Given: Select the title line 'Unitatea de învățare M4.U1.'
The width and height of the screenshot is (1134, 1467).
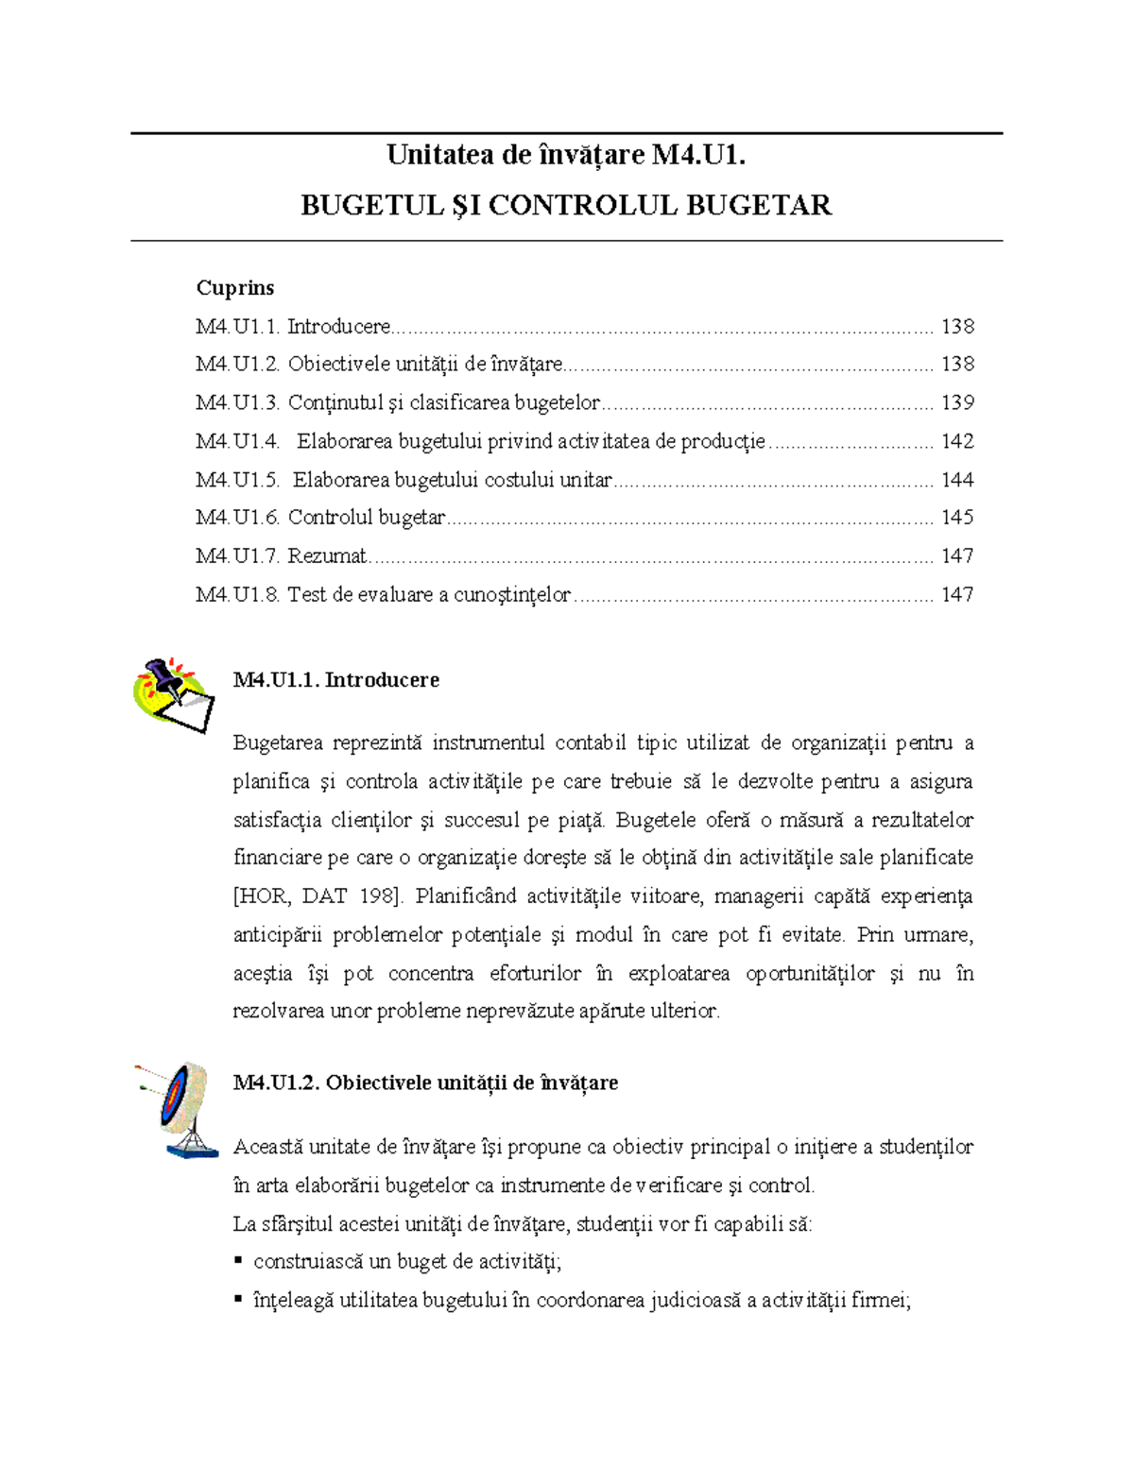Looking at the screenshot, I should (566, 155).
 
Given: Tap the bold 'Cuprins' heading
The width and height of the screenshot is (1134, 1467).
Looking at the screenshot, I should (235, 287).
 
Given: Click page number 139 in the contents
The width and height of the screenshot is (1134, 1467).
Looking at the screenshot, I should (957, 402).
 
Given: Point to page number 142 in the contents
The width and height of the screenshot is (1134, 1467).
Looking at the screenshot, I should (957, 441).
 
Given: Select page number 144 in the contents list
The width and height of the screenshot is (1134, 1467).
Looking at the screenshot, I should (957, 480).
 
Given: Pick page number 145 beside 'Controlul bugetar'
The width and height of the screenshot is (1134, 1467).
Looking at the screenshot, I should (957, 518).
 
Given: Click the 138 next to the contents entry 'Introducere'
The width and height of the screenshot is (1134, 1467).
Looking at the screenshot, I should (957, 326).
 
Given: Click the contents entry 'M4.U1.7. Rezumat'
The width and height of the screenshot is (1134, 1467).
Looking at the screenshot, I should (282, 556).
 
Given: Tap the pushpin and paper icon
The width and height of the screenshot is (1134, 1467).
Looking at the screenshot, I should (175, 695).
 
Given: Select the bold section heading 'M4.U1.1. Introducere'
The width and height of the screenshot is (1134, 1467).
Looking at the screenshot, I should (335, 680).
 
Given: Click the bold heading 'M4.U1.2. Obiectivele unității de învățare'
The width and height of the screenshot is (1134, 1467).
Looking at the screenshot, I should (425, 1083).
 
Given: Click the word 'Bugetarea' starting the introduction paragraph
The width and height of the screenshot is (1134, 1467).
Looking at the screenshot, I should (278, 742).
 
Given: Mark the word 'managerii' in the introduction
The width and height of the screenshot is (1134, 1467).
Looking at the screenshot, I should (759, 896).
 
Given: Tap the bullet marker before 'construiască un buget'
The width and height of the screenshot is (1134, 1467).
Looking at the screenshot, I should (238, 1261).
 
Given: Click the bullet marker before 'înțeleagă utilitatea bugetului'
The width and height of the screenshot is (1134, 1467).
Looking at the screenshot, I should (238, 1300).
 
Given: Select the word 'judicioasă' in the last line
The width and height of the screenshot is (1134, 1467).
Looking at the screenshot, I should (695, 1301).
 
